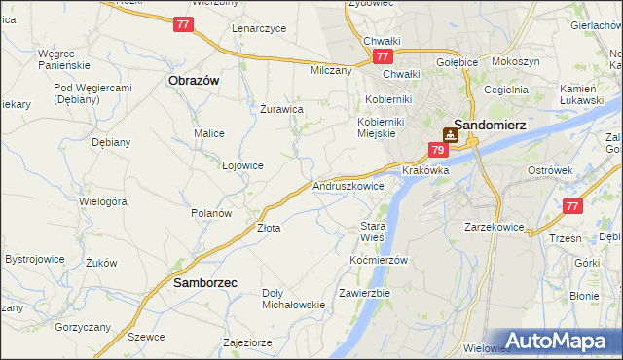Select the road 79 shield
pos(438,150)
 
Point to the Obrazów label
pos(193,80)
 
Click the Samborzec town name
pos(204,283)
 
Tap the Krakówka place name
pos(425,170)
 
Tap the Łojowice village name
pos(242,165)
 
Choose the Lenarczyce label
pos(259,28)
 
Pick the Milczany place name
pos(330,71)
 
